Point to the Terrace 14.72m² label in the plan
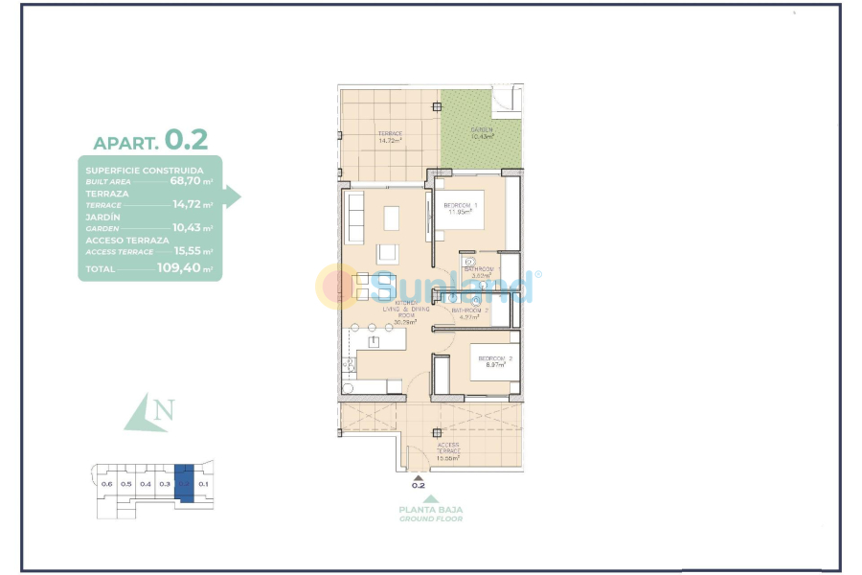(x=390, y=136)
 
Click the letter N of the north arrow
(x=165, y=411)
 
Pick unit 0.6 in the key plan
(x=106, y=484)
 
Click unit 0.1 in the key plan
(x=202, y=484)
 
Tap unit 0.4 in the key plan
(x=145, y=484)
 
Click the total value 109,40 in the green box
(x=184, y=268)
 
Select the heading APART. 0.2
(x=150, y=140)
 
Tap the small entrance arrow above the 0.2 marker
(x=418, y=475)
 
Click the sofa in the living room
(x=354, y=218)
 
